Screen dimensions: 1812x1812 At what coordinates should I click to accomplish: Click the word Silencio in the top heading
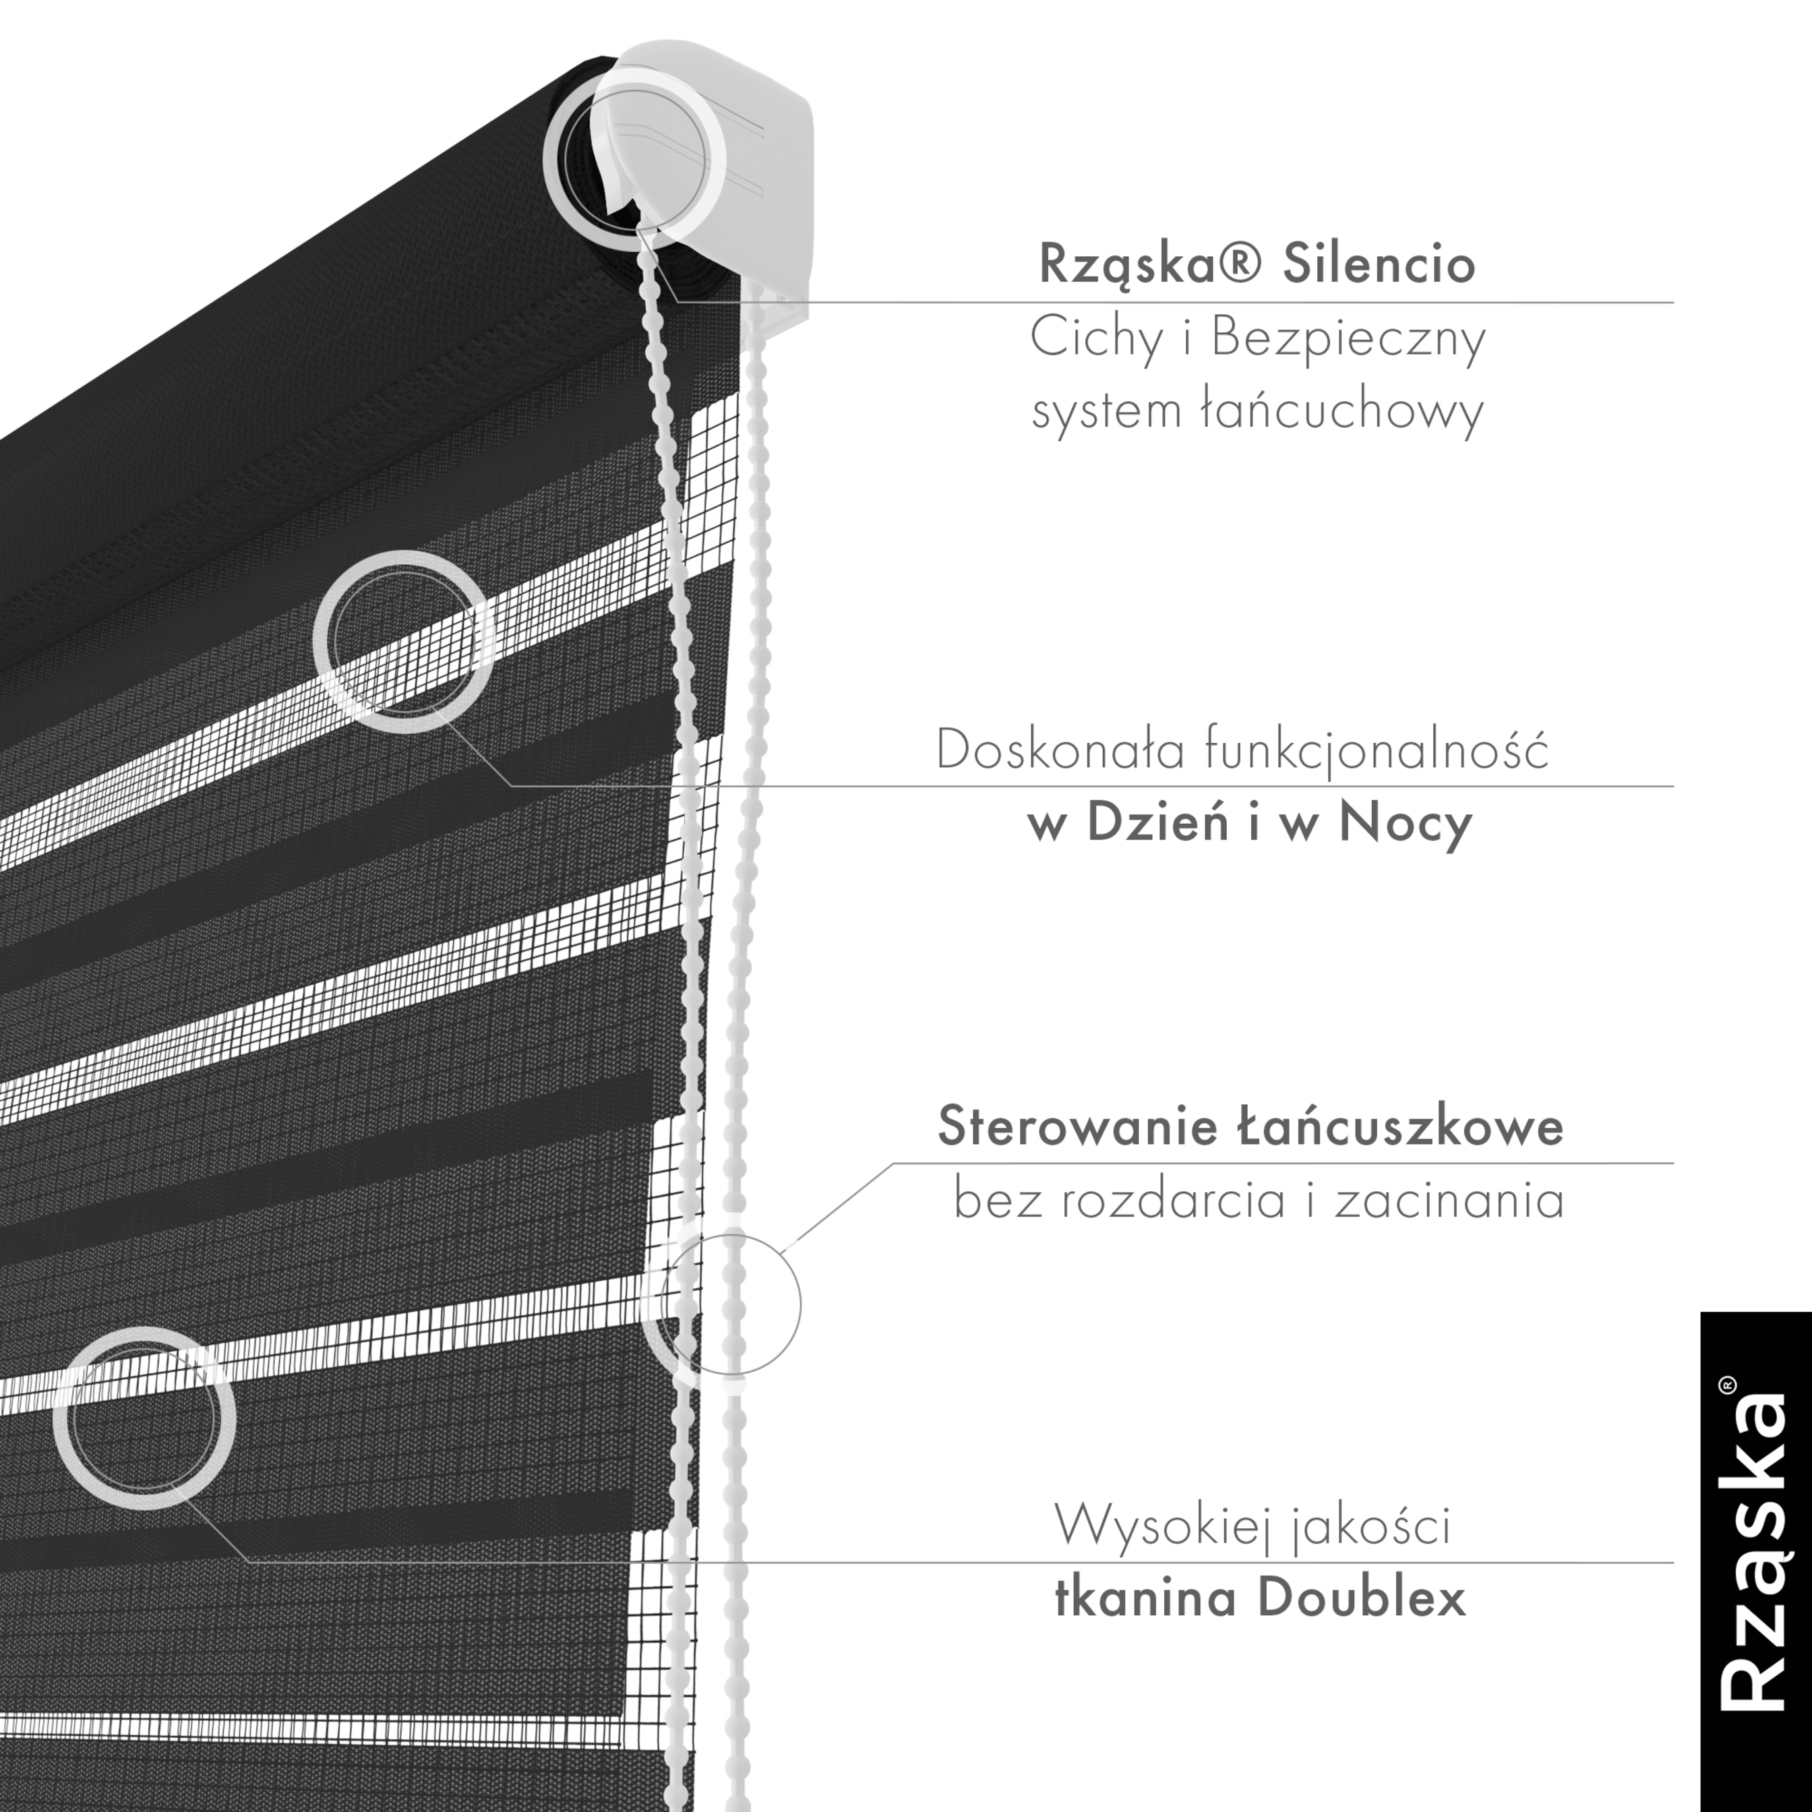1379,264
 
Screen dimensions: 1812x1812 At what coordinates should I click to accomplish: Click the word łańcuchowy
1342,410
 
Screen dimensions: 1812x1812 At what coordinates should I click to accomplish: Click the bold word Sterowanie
1075,1126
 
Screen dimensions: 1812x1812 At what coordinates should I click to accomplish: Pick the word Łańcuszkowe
1397,1126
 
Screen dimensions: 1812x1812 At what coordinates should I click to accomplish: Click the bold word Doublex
1362,1598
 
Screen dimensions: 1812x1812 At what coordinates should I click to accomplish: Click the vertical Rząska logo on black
1755,1562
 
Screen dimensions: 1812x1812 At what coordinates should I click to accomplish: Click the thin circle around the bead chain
729,1304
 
